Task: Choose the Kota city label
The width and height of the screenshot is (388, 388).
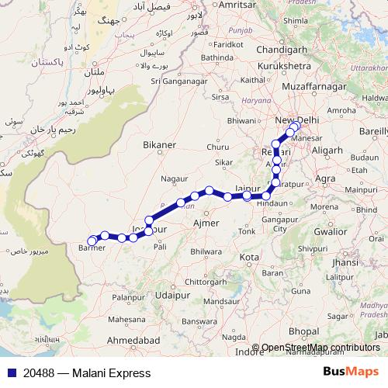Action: (x=250, y=256)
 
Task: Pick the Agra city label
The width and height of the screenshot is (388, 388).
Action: (x=326, y=178)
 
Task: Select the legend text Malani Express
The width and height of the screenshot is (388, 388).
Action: (x=111, y=373)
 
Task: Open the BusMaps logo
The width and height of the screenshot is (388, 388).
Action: (x=352, y=372)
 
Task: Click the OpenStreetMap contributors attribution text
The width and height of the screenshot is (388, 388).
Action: (x=320, y=348)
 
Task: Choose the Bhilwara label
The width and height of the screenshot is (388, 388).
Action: (x=206, y=252)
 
